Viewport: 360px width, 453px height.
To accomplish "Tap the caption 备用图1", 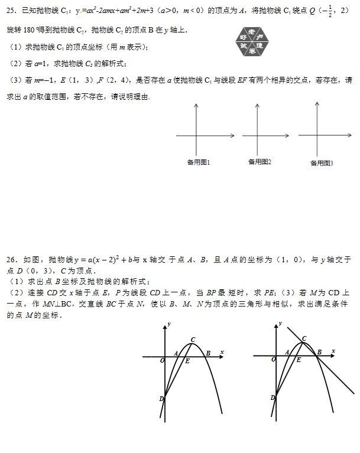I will (199, 161).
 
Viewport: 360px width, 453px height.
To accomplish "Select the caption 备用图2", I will (260, 161).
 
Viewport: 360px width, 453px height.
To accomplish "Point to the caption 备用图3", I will (322, 162).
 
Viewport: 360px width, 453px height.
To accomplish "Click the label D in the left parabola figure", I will (161, 399).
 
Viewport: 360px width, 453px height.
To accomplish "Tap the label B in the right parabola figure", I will (319, 353).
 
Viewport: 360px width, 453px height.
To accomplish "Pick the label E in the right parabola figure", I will (299, 359).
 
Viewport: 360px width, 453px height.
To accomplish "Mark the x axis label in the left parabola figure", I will (222, 352).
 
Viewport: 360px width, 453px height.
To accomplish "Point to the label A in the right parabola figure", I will (287, 353).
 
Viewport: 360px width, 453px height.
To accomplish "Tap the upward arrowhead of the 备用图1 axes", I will (196, 105).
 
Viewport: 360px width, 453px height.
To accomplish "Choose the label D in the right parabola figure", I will (273, 399).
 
